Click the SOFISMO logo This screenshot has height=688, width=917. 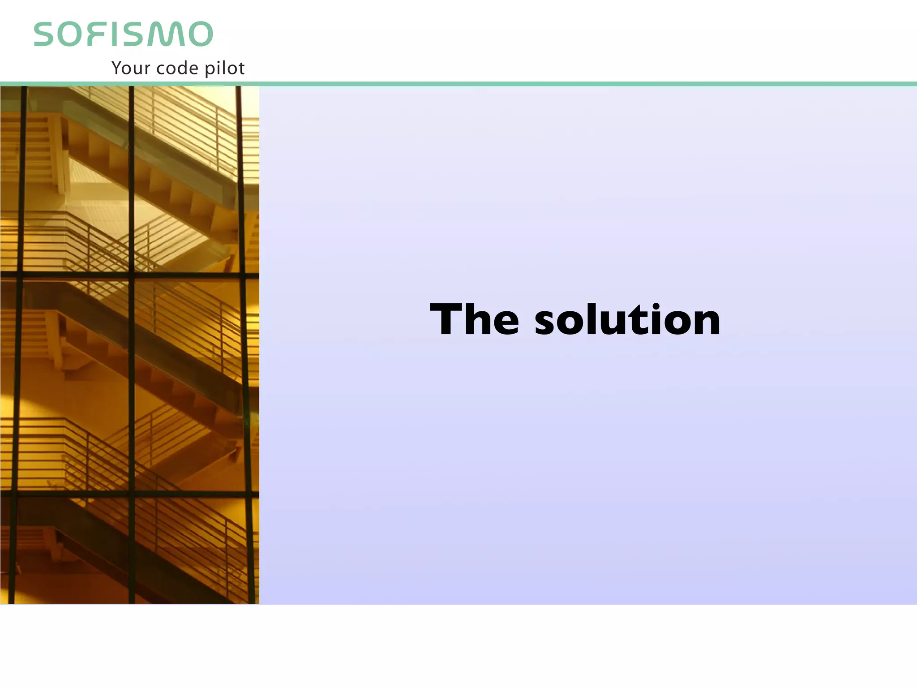pyautogui.click(x=123, y=34)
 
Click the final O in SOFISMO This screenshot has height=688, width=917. pyautogui.click(x=200, y=34)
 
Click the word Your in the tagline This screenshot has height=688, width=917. pyautogui.click(x=130, y=68)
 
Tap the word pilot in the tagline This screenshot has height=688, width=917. pyautogui.click(x=225, y=68)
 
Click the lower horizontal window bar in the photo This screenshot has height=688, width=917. pyautogui.click(x=130, y=494)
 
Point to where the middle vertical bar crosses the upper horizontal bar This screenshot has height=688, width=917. pyautogui.click(x=131, y=275)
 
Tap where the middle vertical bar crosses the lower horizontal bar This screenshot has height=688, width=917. pyautogui.click(x=131, y=494)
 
